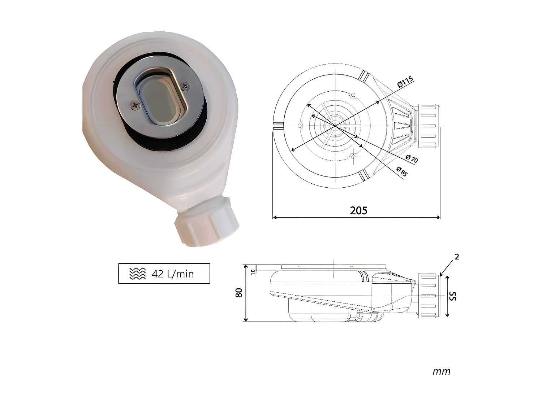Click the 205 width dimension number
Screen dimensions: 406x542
[358, 210]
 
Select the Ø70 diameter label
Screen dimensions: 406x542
[412, 158]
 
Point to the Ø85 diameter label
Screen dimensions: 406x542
[401, 171]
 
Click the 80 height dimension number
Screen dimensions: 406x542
[239, 293]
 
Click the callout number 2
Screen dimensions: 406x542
[457, 257]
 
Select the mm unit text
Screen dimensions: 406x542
[441, 371]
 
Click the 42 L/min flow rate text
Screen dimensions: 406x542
[173, 274]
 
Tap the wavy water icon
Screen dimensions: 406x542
[138, 274]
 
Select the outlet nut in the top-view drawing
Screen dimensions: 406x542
[429, 126]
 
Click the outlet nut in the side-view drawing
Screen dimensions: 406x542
[429, 296]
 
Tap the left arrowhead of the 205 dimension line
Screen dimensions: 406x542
[275, 218]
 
